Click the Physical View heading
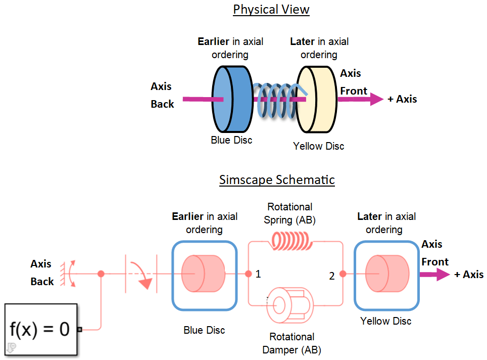[x=271, y=10]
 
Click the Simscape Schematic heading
[x=277, y=180]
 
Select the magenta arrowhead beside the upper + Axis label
[x=376, y=99]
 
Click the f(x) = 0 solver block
[x=40, y=329]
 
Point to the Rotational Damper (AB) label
[x=292, y=343]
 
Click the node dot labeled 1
[x=248, y=274]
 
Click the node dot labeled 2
[x=343, y=274]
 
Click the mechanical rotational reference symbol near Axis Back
[x=65, y=274]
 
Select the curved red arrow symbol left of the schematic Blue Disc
[x=141, y=274]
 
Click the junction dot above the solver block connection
[x=101, y=274]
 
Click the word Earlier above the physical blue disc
[x=214, y=41]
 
